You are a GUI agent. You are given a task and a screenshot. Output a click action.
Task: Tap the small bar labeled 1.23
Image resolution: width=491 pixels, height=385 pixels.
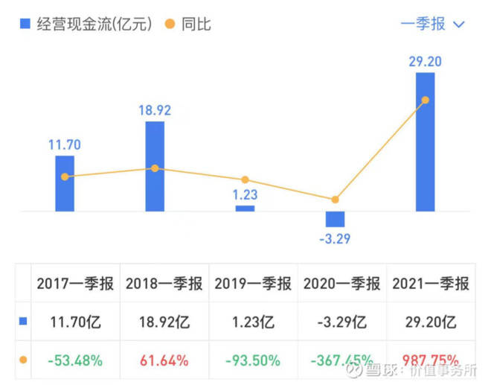(x=245, y=209)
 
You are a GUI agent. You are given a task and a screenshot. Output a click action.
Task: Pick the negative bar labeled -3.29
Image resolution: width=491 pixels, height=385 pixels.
(x=335, y=219)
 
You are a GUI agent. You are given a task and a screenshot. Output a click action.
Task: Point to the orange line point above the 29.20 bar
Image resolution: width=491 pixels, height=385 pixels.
(x=425, y=100)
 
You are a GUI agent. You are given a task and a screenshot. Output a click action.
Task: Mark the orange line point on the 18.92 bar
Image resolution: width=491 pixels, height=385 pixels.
(x=155, y=168)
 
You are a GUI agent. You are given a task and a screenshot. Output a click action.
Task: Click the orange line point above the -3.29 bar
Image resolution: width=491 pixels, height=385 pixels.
(x=335, y=200)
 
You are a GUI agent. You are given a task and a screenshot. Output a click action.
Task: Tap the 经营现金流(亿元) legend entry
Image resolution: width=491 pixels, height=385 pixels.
(x=86, y=24)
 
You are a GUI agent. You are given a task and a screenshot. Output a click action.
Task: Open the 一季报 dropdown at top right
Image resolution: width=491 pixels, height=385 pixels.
(x=432, y=24)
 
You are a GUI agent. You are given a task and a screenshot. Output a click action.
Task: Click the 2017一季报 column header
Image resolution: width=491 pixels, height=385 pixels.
(x=75, y=284)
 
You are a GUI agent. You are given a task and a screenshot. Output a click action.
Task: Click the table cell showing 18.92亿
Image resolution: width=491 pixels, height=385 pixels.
(x=164, y=322)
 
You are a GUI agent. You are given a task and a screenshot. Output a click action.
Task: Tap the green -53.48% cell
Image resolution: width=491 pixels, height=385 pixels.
(x=75, y=360)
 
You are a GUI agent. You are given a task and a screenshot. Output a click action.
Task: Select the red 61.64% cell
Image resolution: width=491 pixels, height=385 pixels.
(x=164, y=360)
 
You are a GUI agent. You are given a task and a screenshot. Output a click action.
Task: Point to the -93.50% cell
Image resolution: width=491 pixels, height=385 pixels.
(x=254, y=360)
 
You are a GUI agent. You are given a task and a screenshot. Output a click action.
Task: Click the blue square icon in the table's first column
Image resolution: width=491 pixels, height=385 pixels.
(x=22, y=322)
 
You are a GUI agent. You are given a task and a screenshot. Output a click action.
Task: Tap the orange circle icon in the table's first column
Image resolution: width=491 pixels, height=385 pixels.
(x=22, y=360)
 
